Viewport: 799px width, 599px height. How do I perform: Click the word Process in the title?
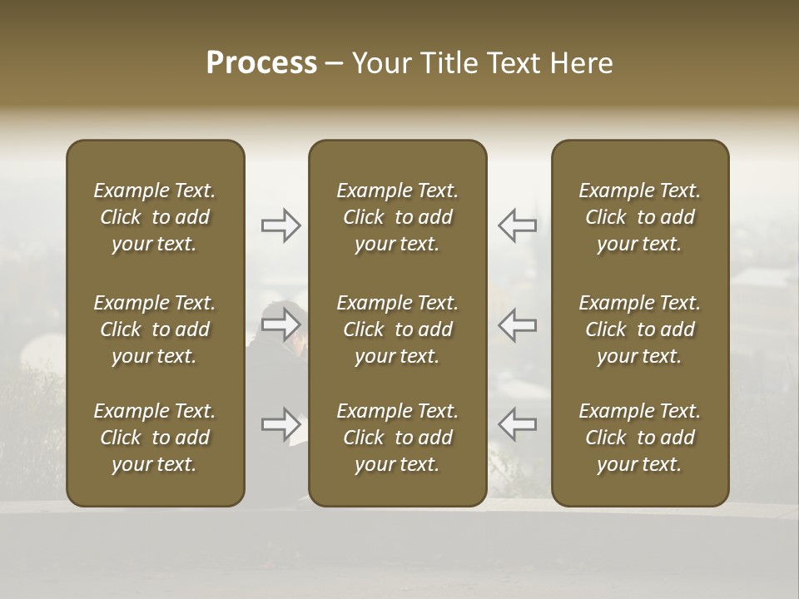(x=261, y=63)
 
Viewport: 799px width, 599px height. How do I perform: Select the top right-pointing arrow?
(x=281, y=225)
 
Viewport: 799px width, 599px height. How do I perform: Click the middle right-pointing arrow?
(x=281, y=324)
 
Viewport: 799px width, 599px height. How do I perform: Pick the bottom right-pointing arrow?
(x=281, y=424)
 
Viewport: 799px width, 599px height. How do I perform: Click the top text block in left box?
(x=155, y=217)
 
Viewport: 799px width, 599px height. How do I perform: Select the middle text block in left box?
(x=155, y=329)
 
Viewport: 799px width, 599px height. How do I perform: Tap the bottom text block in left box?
(x=155, y=438)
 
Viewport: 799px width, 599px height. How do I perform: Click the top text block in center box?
(x=398, y=217)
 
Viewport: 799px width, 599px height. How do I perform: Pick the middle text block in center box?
(x=398, y=329)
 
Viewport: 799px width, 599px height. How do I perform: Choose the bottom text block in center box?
(x=398, y=438)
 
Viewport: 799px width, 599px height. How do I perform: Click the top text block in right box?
(x=640, y=217)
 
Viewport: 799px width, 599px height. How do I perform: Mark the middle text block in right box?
(x=640, y=329)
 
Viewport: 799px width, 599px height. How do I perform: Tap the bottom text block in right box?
(x=640, y=438)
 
